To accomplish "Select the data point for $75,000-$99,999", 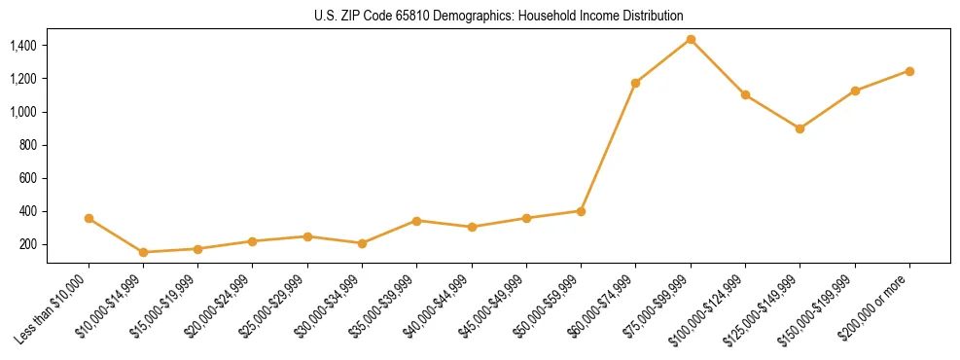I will tap(691, 40).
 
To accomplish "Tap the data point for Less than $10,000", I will tap(89, 219).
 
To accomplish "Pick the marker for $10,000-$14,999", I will tap(144, 252).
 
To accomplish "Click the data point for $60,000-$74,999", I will tap(635, 83).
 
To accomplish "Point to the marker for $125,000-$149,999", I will tap(800, 128).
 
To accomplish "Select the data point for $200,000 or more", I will tap(909, 71).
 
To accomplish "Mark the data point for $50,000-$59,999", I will tap(581, 211).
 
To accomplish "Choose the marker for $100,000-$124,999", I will tap(745, 94).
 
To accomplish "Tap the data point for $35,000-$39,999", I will tap(417, 221).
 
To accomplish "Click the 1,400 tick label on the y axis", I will tap(22, 46).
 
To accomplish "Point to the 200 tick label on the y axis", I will tap(27, 244).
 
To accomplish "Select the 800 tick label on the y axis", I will tap(27, 145).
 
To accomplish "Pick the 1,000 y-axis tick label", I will tap(22, 112).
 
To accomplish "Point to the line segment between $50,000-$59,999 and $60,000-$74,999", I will tap(608, 147).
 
